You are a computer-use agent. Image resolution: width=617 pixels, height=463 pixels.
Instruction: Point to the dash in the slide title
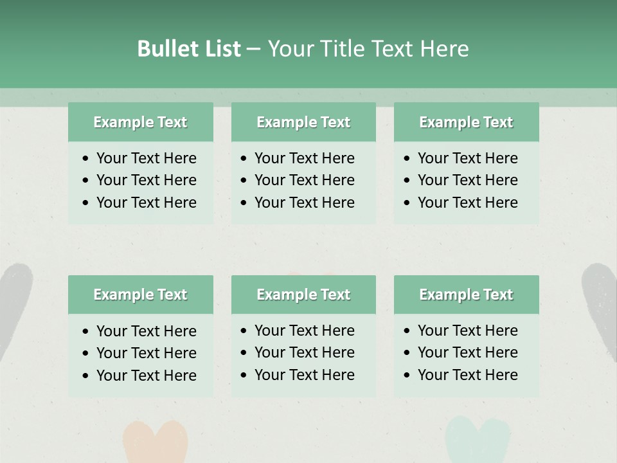coord(254,50)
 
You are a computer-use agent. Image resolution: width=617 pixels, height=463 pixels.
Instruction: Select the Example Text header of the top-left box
coord(140,122)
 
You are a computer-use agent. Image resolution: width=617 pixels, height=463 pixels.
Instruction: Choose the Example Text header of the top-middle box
coord(303,122)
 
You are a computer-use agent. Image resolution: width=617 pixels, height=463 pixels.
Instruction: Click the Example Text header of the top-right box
coord(466,122)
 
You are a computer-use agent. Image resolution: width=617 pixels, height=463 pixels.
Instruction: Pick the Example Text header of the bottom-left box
coord(140,295)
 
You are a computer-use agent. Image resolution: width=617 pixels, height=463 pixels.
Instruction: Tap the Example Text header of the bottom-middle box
coord(303,295)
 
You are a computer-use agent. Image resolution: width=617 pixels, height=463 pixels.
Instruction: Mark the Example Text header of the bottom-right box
coord(466,295)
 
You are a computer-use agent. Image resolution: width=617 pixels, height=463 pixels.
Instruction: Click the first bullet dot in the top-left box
coord(86,159)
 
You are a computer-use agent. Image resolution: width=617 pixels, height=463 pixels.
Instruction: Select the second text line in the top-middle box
coord(304,180)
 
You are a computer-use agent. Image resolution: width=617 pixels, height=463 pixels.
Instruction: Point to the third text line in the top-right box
coord(467,203)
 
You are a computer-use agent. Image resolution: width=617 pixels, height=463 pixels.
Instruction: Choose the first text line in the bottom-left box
coord(146,331)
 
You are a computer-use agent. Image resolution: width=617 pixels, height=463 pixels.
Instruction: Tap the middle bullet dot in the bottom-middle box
coord(244,353)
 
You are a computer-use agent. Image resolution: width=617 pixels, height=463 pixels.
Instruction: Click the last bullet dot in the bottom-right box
coord(407,376)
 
